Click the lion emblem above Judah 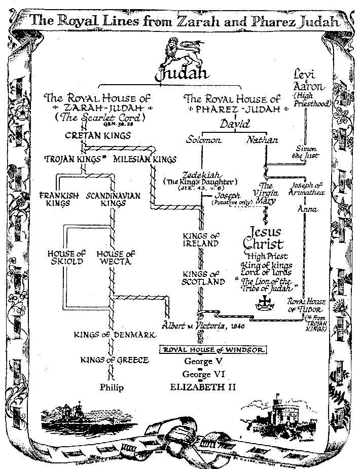tap(177, 52)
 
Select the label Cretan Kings tap(98, 136)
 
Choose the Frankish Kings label tap(57, 199)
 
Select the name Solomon tap(205, 140)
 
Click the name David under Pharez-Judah tap(235, 123)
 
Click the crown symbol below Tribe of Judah tap(264, 303)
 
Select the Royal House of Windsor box tap(213, 350)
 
